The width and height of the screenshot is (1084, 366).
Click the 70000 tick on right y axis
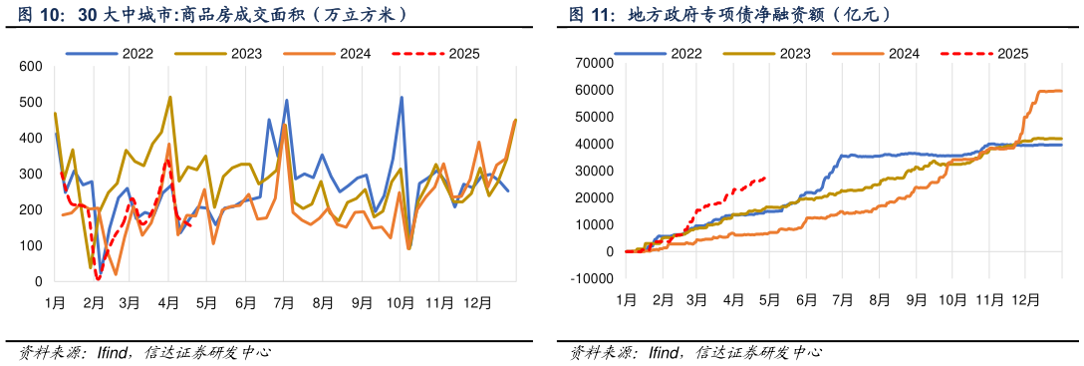click(x=593, y=63)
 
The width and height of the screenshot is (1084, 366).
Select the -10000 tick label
click(x=591, y=278)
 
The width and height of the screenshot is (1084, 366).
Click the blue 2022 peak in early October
click(x=402, y=97)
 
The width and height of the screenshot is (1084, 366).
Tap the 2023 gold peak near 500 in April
click(x=170, y=97)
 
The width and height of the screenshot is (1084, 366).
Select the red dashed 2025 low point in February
click(x=98, y=279)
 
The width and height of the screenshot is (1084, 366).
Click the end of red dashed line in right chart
click(x=765, y=178)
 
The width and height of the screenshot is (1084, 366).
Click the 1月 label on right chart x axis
click(x=626, y=299)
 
